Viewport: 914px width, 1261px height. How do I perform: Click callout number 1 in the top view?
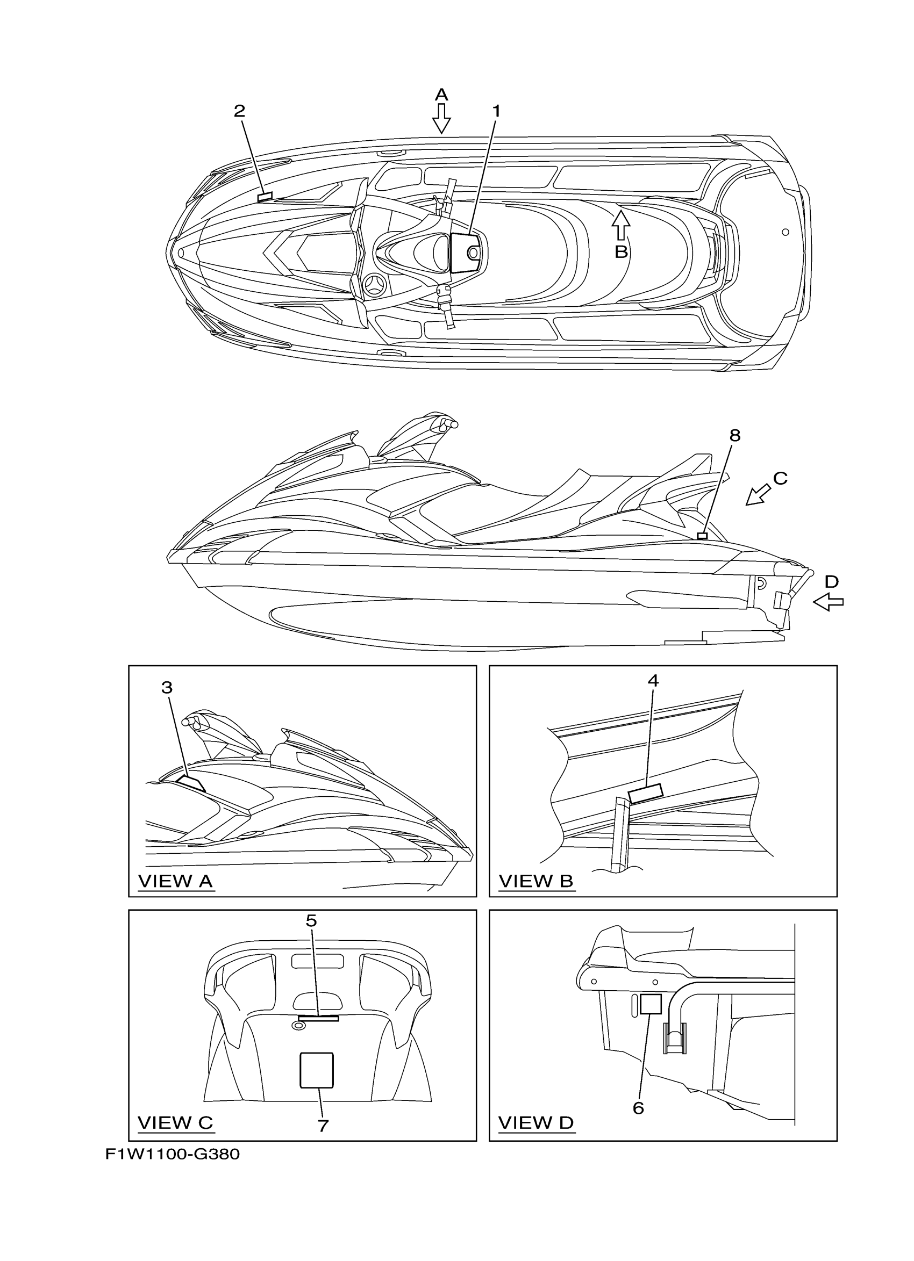[496, 112]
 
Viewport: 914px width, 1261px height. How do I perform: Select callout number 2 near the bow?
[239, 111]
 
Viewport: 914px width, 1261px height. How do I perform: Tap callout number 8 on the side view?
[735, 435]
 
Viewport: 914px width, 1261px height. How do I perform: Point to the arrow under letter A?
[442, 119]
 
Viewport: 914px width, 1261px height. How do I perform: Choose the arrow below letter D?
[829, 602]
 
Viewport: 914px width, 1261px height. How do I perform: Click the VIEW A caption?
[175, 881]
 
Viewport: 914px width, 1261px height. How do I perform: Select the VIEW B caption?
[535, 881]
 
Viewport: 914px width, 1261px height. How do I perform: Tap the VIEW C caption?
[175, 1122]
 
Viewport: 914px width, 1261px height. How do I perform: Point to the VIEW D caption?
[535, 1122]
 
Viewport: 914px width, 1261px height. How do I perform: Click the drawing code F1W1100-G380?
[173, 1155]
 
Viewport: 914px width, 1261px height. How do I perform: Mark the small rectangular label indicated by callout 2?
[266, 196]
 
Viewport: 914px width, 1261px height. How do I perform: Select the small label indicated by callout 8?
[702, 536]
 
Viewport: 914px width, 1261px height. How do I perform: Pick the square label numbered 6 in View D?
[651, 1004]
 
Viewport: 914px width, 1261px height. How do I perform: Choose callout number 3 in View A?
[167, 688]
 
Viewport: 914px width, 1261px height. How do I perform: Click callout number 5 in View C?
[311, 921]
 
